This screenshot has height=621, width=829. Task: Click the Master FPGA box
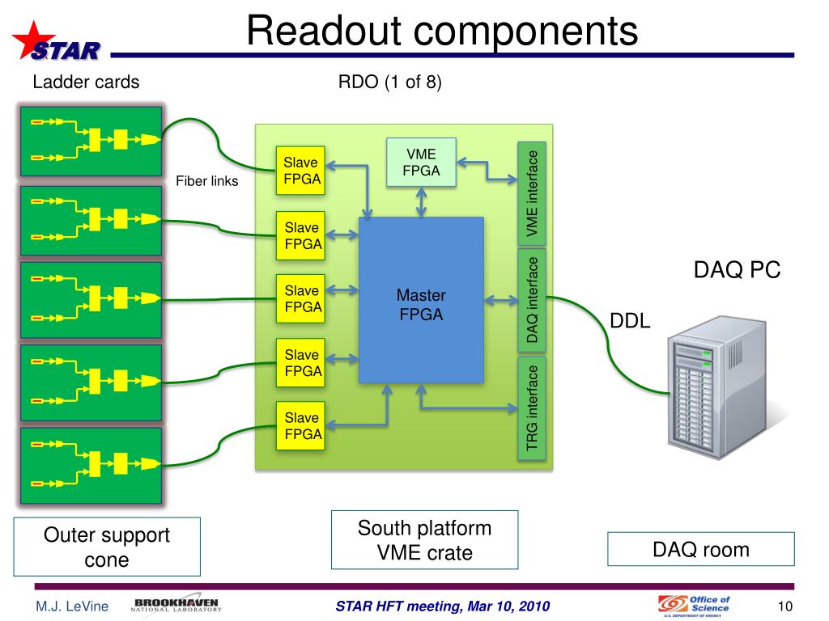click(x=421, y=300)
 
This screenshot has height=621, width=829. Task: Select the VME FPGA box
click(x=421, y=163)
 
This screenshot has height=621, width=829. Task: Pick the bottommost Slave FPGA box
click(x=300, y=425)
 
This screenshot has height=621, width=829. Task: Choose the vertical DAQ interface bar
click(x=532, y=299)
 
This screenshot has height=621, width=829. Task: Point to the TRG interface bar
click(x=532, y=408)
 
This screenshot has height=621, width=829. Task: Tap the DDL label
click(x=630, y=321)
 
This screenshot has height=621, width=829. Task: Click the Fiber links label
click(x=207, y=181)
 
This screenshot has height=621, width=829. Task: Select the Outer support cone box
click(x=107, y=547)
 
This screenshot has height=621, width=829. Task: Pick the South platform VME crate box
click(x=425, y=540)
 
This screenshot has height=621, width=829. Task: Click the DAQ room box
click(x=701, y=550)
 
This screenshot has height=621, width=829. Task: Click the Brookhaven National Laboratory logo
click(x=176, y=606)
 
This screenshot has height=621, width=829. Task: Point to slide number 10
click(x=784, y=606)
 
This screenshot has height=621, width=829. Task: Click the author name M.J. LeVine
click(x=71, y=607)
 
